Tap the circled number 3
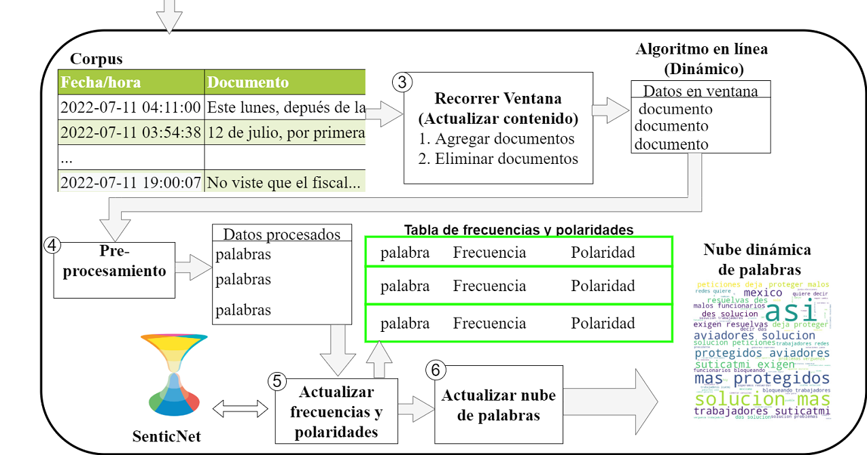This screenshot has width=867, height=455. coord(402,82)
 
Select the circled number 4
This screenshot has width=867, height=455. coord(52,244)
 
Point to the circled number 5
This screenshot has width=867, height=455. coord(276,382)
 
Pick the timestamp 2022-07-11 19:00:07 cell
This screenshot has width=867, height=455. coord(130,182)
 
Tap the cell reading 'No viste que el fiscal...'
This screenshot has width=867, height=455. coord(285,182)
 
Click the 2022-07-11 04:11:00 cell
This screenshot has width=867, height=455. coord(130,107)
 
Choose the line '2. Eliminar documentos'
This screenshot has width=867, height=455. coord(497,158)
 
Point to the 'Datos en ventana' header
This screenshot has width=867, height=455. coord(701,90)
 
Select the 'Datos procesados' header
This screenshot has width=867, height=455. coord(281,235)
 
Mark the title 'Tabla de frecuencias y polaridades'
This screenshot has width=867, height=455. coord(518,229)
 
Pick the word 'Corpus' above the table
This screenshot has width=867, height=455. coord(96,59)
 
